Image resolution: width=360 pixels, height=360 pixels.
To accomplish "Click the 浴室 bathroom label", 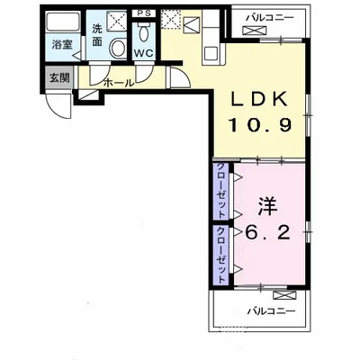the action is [x=62, y=45].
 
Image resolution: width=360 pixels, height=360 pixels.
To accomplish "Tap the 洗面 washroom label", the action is [x=97, y=35].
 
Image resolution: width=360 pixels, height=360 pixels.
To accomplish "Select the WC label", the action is [x=143, y=53].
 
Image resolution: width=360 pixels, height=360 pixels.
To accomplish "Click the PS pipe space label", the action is [x=144, y=13].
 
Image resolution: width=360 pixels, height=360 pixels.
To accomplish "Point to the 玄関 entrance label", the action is [x=59, y=78].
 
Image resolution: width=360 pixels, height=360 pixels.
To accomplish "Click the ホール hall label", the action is [x=119, y=83].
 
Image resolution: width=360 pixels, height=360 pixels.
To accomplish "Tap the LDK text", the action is [x=258, y=99].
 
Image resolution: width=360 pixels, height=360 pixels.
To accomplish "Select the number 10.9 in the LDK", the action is [x=260, y=124].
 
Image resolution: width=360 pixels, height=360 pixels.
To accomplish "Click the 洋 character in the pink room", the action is [x=267, y=206].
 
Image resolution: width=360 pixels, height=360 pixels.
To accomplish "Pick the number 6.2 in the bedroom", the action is [x=268, y=231].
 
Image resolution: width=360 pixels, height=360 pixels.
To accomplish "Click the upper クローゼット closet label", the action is [x=221, y=191].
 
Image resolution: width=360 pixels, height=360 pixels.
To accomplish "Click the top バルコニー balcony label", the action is [x=269, y=18].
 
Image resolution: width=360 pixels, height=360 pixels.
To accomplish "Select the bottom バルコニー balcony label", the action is [x=272, y=310].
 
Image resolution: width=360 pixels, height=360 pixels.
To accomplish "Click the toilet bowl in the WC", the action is [x=144, y=34].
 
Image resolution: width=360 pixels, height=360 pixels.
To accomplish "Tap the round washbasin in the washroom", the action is [x=117, y=48].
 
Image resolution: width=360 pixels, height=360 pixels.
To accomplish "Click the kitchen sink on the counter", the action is [x=212, y=54].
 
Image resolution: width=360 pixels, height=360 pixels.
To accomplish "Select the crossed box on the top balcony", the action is [x=254, y=31].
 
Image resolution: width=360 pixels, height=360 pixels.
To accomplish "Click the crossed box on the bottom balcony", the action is [x=285, y=295].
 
